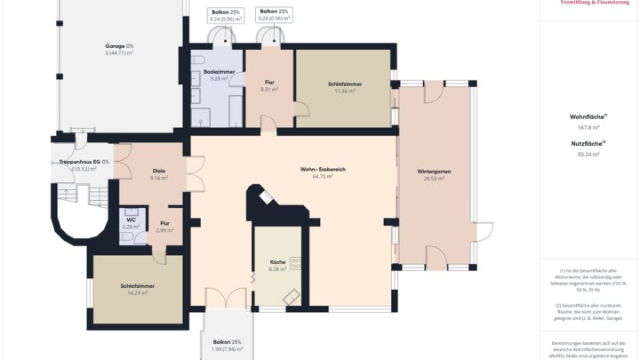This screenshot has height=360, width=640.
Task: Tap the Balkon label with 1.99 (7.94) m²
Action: click(227, 342)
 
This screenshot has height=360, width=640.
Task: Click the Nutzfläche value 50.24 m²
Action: click(588, 154)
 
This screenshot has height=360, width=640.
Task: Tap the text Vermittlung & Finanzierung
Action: click(595, 4)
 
